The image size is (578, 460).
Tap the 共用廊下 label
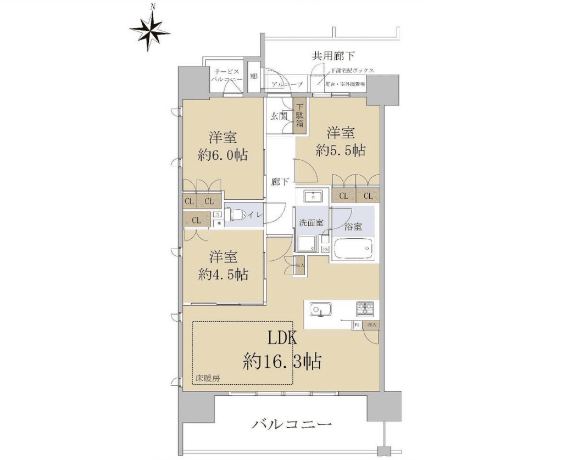coord(333,55)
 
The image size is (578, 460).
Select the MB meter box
coord(254,76)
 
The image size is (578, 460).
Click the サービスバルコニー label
coord(225,76)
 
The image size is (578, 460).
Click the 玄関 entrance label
coord(279,116)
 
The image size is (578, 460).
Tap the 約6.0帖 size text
coord(223,155)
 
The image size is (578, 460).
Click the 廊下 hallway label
coord(279,182)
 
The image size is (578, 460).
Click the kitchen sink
coord(319,310)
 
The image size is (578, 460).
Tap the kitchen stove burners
coord(365,309)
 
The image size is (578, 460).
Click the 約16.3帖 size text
coord(282,361)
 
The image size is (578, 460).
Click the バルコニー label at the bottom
coord(292,424)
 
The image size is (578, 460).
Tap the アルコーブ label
coord(287,85)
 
